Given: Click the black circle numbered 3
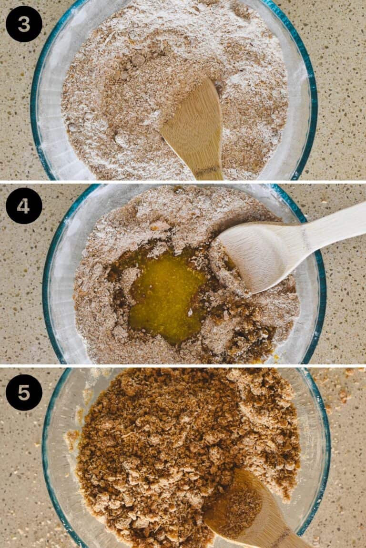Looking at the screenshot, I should pos(24,24).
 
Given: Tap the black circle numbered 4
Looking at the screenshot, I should pos(24,206).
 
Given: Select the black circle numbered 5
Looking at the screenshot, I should pos(24,392).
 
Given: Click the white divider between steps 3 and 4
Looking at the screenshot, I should pos(183,182).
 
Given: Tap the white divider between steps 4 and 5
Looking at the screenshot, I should pos(183,365).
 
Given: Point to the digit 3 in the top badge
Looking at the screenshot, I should pos(24,24).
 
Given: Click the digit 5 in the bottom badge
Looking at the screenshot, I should pos(24,392).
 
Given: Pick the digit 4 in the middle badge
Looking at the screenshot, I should pos(24,206).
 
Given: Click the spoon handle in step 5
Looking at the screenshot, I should pos(281,535).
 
